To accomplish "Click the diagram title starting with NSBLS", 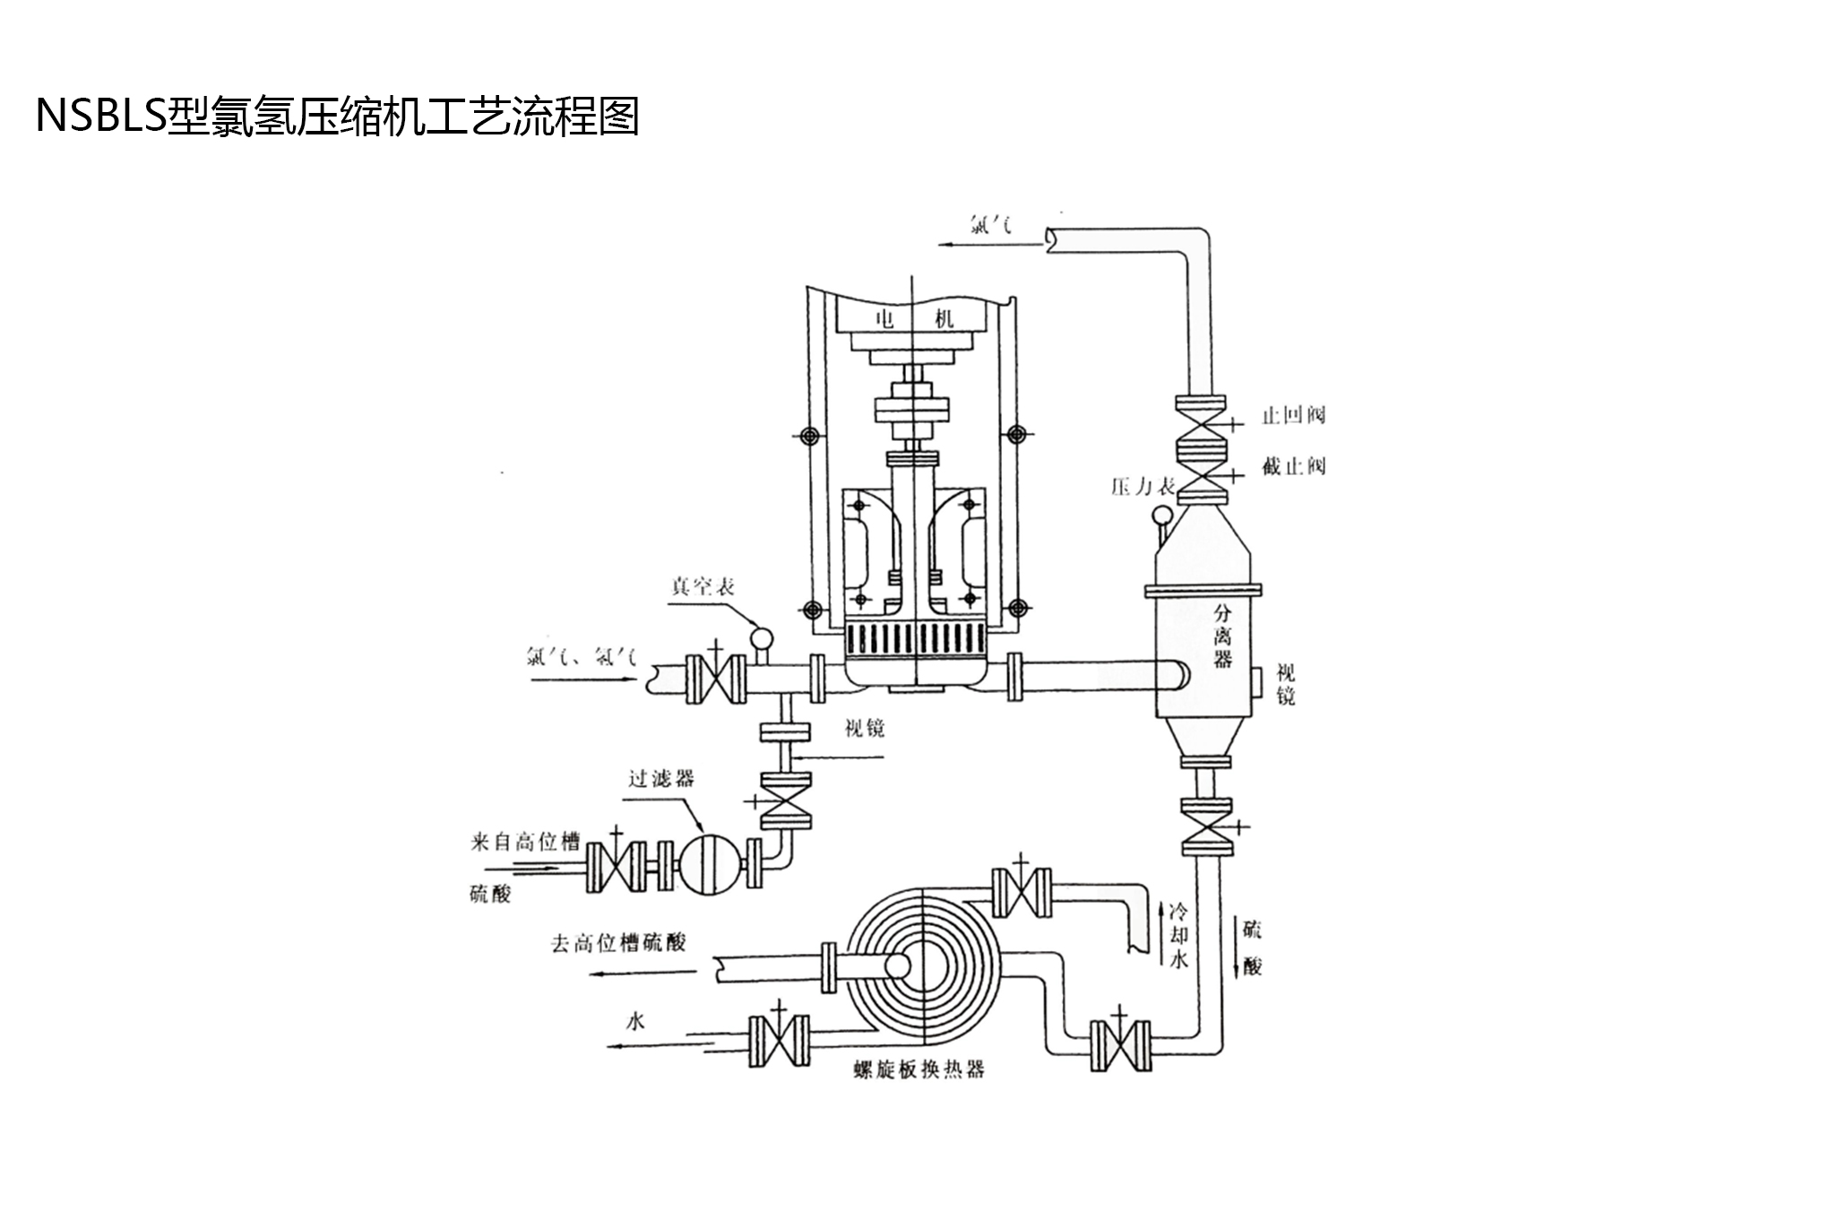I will click(337, 117).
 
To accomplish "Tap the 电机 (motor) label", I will click(914, 318).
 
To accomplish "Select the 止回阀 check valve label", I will click(1293, 415).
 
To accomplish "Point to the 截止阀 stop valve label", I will click(1293, 466).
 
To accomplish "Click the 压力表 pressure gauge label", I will click(1143, 487).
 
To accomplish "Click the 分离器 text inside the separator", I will click(1222, 636).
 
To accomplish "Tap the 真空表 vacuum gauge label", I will click(703, 586).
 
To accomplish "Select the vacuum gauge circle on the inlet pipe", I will click(761, 637).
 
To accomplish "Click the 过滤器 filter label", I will click(661, 777).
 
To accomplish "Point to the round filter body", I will click(707, 865).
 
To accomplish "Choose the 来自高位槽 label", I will click(526, 842).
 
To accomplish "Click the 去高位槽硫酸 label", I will click(618, 943).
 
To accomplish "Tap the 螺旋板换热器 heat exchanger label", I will click(919, 1070).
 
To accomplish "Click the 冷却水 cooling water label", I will click(1180, 936).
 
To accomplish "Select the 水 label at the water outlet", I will click(635, 1021).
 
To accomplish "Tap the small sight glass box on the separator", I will click(1256, 682).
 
